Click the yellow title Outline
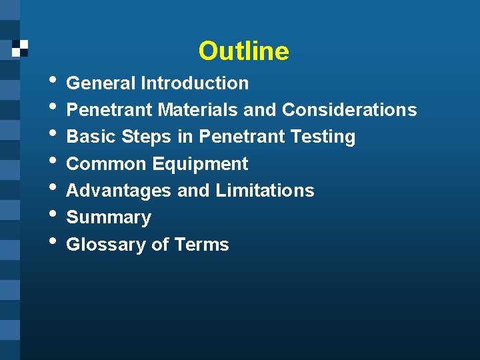(x=243, y=51)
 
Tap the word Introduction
(x=194, y=83)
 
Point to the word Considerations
(x=349, y=110)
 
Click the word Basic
(x=91, y=137)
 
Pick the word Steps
(x=147, y=137)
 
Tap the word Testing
(x=322, y=137)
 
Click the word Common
(x=106, y=164)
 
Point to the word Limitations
(x=265, y=191)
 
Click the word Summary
(x=109, y=218)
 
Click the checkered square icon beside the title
(x=20, y=47)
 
